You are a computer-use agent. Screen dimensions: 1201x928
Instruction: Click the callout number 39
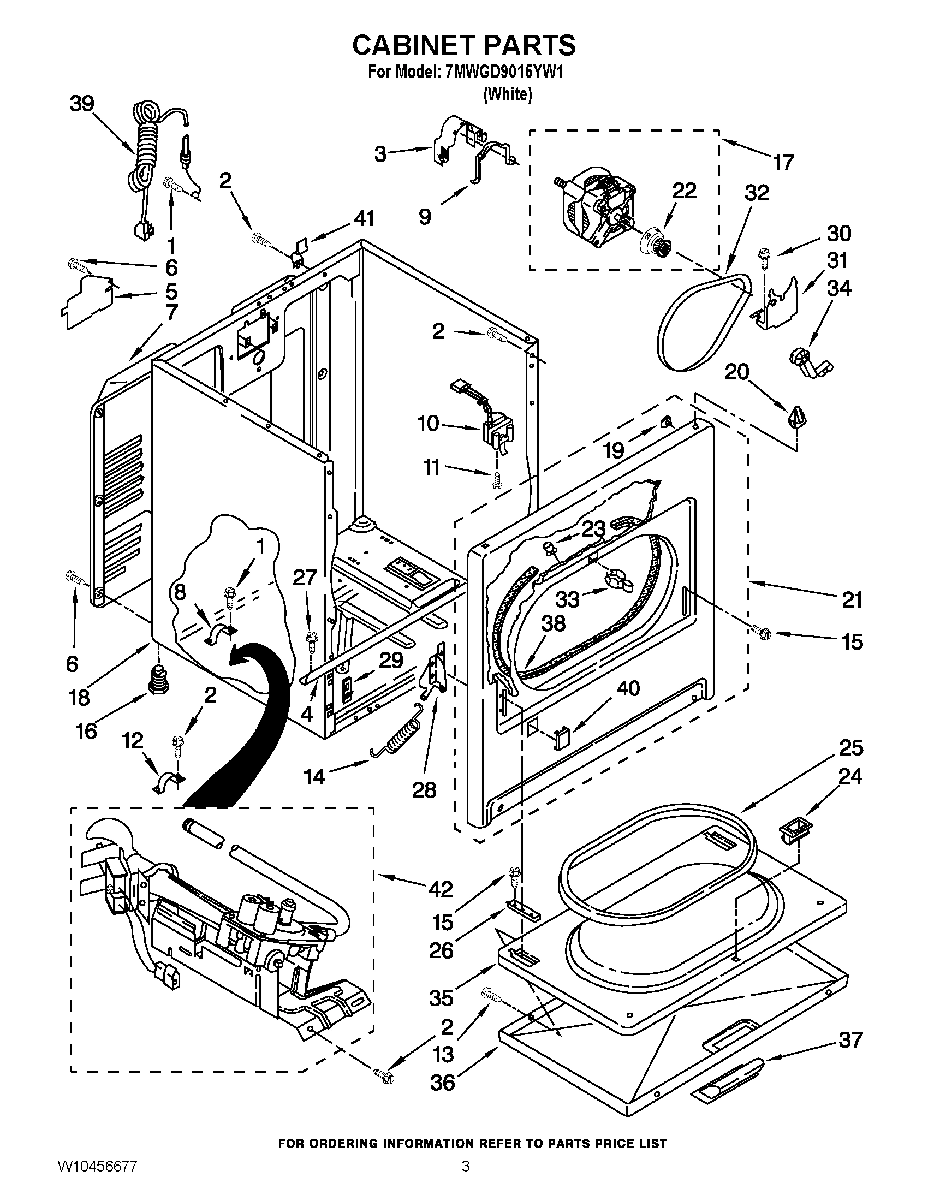82,103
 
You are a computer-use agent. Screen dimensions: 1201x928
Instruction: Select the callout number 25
850,748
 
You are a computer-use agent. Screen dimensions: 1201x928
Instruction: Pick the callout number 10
429,424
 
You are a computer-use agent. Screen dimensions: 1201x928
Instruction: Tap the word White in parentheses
508,94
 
